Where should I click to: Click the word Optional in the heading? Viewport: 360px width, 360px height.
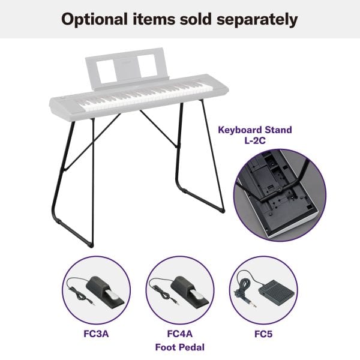[94, 19]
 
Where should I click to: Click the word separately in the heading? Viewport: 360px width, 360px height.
[257, 20]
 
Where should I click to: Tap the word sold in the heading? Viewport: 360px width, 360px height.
[196, 19]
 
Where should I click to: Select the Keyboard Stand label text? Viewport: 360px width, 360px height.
[255, 130]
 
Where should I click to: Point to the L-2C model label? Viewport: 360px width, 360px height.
[255, 140]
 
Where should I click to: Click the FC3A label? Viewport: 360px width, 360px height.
[96, 334]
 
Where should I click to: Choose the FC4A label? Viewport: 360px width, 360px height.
[180, 334]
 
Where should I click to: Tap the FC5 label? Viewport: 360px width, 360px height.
[263, 334]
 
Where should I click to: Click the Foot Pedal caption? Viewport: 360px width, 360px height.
[180, 347]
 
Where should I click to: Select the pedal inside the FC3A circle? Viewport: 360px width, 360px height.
[104, 292]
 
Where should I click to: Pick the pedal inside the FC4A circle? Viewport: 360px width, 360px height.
[189, 292]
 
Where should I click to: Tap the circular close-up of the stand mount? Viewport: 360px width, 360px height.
[280, 195]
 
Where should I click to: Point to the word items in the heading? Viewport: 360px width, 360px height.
[154, 19]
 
